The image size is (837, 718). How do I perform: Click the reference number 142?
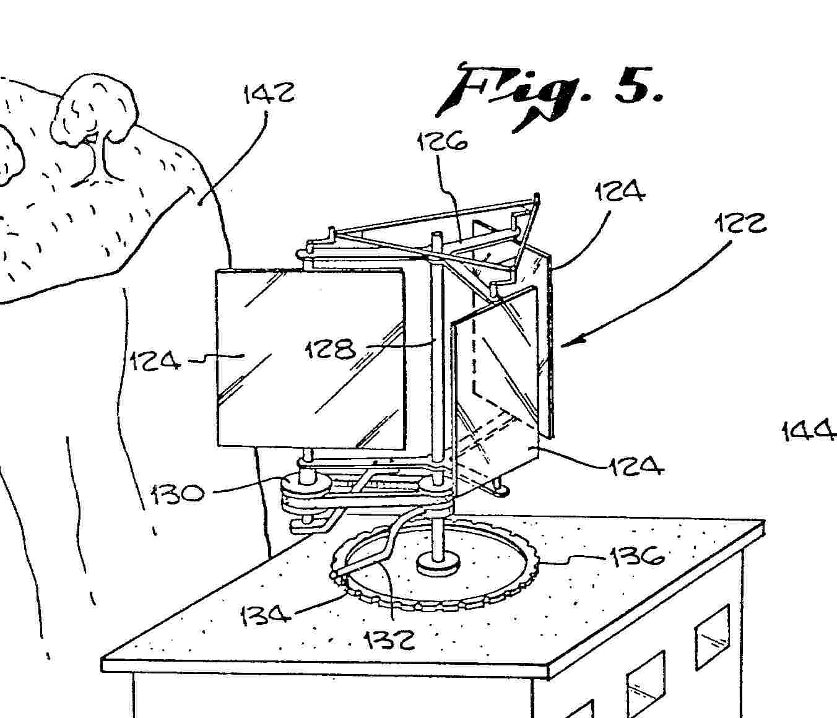coord(269,93)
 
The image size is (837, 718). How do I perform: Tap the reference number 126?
coord(443,142)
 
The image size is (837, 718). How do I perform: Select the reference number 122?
coord(742,223)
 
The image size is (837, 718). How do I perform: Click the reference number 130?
coord(176,493)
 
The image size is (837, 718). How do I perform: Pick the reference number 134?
coord(266,616)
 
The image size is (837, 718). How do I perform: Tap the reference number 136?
coord(636,556)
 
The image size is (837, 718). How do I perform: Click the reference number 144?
coord(809,431)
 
